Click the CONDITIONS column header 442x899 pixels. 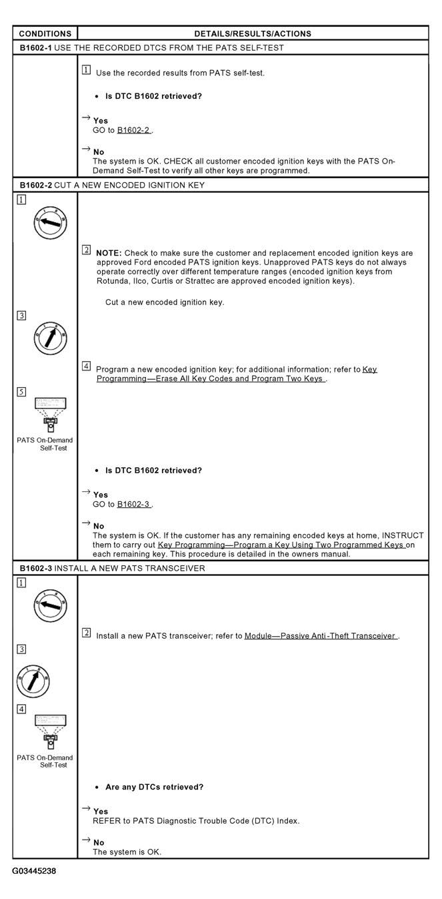tap(45, 34)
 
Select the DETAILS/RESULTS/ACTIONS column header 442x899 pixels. tap(253, 34)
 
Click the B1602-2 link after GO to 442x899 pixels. tap(134, 130)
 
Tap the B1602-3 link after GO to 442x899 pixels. tap(134, 504)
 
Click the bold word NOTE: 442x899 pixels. tap(109, 253)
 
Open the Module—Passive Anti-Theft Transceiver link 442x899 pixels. tap(321, 636)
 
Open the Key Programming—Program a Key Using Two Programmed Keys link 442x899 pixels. tap(281, 545)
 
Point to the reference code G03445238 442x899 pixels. tap(34, 871)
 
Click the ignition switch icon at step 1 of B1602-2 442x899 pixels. tap(50, 223)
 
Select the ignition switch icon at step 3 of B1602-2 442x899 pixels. tap(50, 338)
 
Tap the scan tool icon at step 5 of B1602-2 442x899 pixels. tap(50, 414)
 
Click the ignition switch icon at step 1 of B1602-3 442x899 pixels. tap(50, 605)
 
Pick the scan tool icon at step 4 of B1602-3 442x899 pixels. tap(50, 731)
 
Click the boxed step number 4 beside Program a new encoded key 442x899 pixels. tap(86, 366)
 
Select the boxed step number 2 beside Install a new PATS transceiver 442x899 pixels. tap(86, 633)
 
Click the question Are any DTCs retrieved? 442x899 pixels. tap(154, 787)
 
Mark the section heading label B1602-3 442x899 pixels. tap(35, 568)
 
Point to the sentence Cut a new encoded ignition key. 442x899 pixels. tap(165, 302)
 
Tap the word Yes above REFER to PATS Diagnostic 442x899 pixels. tap(101, 812)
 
